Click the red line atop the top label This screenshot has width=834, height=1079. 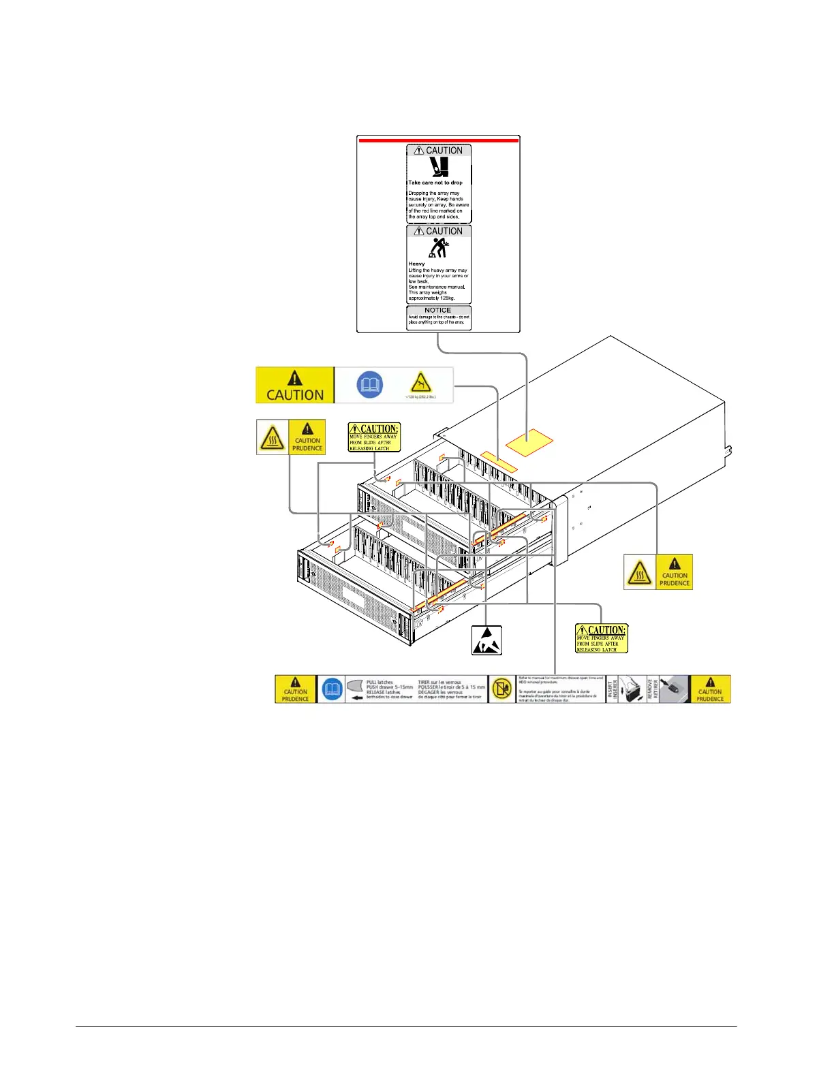click(438, 140)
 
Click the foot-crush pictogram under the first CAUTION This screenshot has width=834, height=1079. click(439, 168)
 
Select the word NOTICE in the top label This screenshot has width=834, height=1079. click(438, 310)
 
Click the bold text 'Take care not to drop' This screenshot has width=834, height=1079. click(435, 183)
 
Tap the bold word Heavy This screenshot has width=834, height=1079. click(416, 264)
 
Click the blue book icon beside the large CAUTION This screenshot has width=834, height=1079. click(370, 385)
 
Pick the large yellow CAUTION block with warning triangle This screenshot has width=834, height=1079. click(295, 385)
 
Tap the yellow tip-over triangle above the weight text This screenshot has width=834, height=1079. click(421, 382)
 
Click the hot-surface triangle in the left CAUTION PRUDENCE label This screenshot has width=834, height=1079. click(273, 437)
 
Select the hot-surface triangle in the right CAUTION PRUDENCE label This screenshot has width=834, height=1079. click(639, 572)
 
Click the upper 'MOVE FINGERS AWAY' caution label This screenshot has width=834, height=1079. click(374, 437)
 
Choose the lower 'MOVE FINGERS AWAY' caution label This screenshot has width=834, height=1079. click(601, 638)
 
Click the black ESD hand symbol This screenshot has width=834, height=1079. click(486, 640)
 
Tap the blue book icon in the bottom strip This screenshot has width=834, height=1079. click(332, 689)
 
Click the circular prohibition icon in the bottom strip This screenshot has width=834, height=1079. click(503, 689)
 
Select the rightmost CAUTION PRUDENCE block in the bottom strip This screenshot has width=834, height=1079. click(710, 689)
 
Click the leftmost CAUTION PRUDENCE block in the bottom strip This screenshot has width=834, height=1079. click(296, 689)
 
